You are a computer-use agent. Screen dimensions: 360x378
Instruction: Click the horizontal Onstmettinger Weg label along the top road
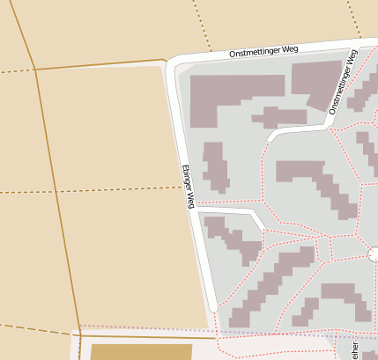[263, 51]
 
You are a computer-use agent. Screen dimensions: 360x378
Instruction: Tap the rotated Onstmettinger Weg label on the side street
[344, 82]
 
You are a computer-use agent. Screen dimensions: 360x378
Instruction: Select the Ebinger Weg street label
[188, 186]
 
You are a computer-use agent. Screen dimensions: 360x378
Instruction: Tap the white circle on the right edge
[374, 254]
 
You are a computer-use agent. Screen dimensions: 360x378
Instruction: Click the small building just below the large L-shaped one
[279, 117]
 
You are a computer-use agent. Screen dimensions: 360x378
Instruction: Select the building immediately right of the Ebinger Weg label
[215, 166]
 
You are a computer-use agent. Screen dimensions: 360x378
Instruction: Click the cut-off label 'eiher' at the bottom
[355, 350]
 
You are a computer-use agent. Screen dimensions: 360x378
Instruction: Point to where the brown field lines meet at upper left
[35, 69]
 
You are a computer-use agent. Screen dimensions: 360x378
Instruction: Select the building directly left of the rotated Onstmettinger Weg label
[315, 84]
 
